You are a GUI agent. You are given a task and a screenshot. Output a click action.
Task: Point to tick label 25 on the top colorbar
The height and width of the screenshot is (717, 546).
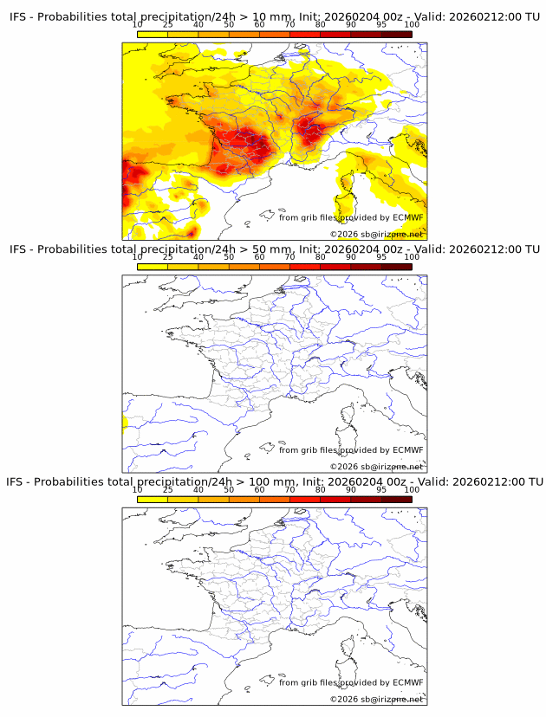pos(167,25)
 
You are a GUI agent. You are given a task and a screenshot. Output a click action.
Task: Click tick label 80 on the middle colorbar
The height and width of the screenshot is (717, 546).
pos(321,257)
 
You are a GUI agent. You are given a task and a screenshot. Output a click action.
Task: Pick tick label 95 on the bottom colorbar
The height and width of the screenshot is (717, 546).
pos(381,489)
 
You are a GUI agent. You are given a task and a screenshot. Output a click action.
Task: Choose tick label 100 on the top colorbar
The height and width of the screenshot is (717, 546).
pos(412,25)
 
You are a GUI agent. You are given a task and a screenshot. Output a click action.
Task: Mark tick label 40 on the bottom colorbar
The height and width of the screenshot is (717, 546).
pos(198,489)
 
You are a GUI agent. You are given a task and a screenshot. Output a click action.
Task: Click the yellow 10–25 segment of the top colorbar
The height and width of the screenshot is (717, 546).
pos(153,35)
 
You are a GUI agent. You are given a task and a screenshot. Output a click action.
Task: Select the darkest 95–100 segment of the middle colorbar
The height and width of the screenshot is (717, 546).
pos(397,267)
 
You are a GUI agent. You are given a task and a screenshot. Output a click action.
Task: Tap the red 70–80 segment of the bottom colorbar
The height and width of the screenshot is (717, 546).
pos(305,499)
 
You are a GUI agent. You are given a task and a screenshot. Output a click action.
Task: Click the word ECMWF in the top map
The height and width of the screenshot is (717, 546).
pos(407,217)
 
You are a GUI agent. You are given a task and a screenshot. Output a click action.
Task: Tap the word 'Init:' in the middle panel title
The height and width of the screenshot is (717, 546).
pos(311,249)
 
